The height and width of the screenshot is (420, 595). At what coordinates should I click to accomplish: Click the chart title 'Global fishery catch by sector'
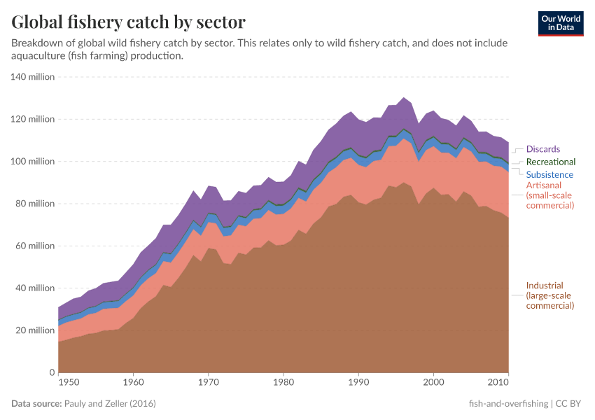[128, 22]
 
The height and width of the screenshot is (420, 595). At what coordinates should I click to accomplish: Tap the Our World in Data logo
[561, 23]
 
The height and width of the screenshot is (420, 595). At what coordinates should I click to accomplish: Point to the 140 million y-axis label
[32, 77]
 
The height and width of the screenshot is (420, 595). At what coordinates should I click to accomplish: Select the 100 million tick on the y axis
[32, 162]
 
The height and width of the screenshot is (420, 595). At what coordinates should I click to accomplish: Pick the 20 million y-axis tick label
[34, 330]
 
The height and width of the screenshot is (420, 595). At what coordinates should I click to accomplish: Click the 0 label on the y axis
[51, 372]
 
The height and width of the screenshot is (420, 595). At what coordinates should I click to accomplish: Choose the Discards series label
[543, 149]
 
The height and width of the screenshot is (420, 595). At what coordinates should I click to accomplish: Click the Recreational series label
[550, 162]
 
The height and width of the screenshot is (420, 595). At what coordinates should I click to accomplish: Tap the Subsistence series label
[549, 174]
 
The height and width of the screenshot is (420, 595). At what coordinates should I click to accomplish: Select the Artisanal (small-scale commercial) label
[549, 196]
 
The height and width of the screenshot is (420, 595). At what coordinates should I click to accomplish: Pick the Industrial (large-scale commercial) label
[549, 295]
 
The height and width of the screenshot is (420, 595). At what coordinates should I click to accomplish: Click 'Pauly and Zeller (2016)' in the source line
[110, 404]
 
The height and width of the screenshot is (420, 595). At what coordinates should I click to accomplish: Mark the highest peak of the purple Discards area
[403, 98]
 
